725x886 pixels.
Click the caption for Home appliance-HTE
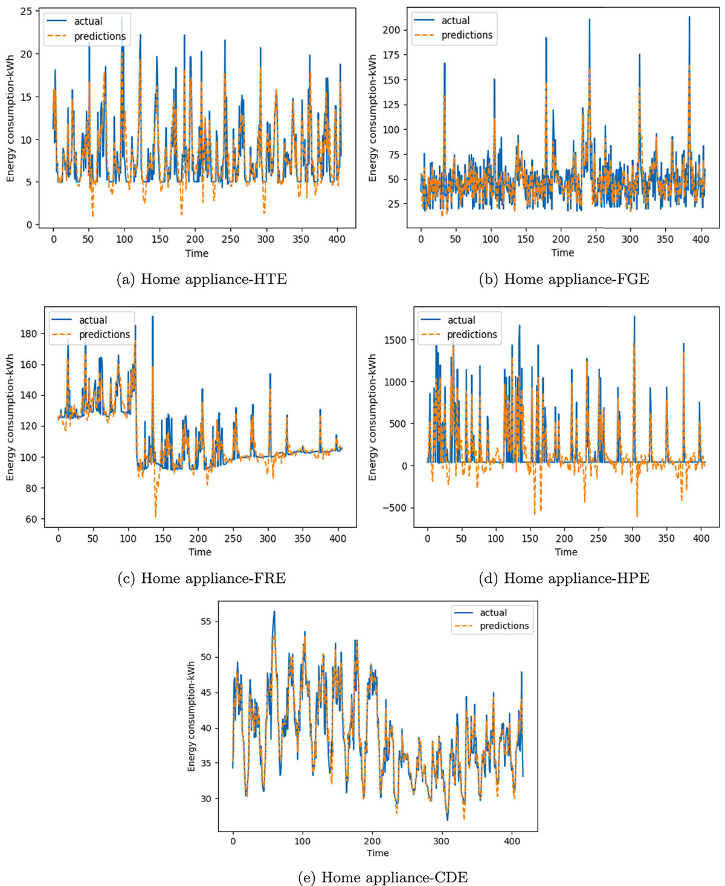click(202, 279)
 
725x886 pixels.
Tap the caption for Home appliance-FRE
click(202, 579)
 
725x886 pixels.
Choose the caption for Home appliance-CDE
click(383, 878)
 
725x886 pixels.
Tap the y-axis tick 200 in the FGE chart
click(391, 30)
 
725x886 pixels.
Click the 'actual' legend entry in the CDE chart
click(493, 612)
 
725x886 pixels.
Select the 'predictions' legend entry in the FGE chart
click(467, 35)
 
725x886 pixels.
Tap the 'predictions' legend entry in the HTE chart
click(100, 36)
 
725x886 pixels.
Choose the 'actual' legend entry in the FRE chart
click(93, 320)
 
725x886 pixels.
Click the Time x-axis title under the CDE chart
click(378, 853)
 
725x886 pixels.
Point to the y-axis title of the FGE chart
click(373, 118)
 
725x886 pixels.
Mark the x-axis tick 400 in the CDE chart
click(512, 841)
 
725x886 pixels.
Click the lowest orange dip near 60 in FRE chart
click(155, 515)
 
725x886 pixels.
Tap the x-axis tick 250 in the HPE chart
click(598, 538)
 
